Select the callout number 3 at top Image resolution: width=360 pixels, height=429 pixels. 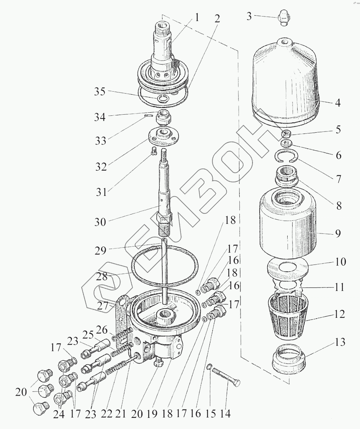249,17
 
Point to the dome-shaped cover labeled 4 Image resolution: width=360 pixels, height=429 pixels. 285,84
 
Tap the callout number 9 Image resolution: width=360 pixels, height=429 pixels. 338,233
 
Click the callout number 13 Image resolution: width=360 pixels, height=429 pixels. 338,342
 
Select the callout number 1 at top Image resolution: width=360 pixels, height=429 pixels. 196,18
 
